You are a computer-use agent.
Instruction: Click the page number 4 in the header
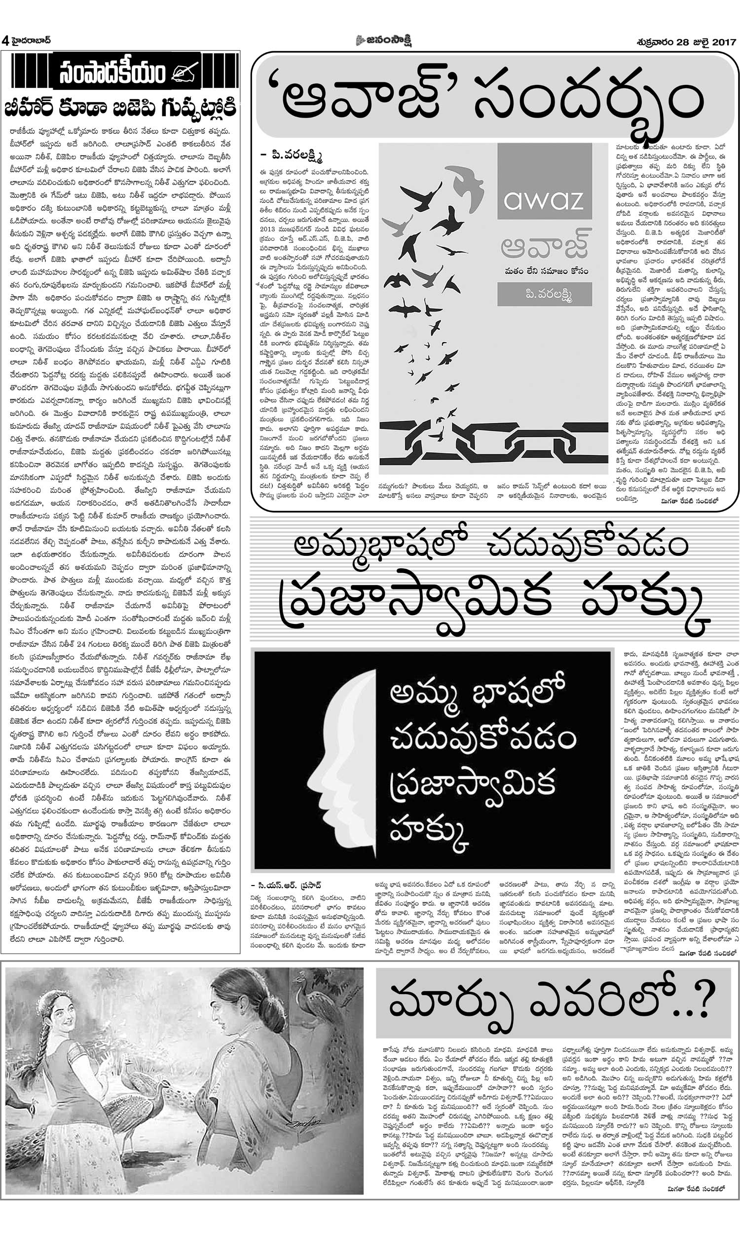(5, 41)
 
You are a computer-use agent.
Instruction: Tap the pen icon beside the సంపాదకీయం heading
(185, 73)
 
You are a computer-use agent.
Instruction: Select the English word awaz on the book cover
(544, 200)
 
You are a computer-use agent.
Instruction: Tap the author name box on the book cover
(544, 294)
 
